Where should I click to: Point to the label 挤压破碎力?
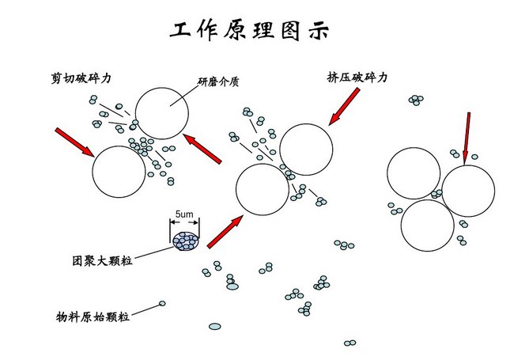[357, 78]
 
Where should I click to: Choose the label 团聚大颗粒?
[100, 260]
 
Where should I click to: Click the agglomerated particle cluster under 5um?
[187, 239]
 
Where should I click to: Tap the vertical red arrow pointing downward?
[466, 135]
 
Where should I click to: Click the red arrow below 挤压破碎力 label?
[345, 106]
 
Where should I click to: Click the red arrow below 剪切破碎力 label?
[74, 142]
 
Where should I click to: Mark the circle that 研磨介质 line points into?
[161, 113]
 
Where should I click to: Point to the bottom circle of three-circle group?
[427, 225]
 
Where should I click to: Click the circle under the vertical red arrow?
[468, 191]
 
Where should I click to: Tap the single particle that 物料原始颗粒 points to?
[163, 304]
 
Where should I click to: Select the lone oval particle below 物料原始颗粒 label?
[214, 326]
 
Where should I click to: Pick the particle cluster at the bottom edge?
[350, 343]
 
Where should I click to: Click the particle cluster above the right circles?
[415, 100]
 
